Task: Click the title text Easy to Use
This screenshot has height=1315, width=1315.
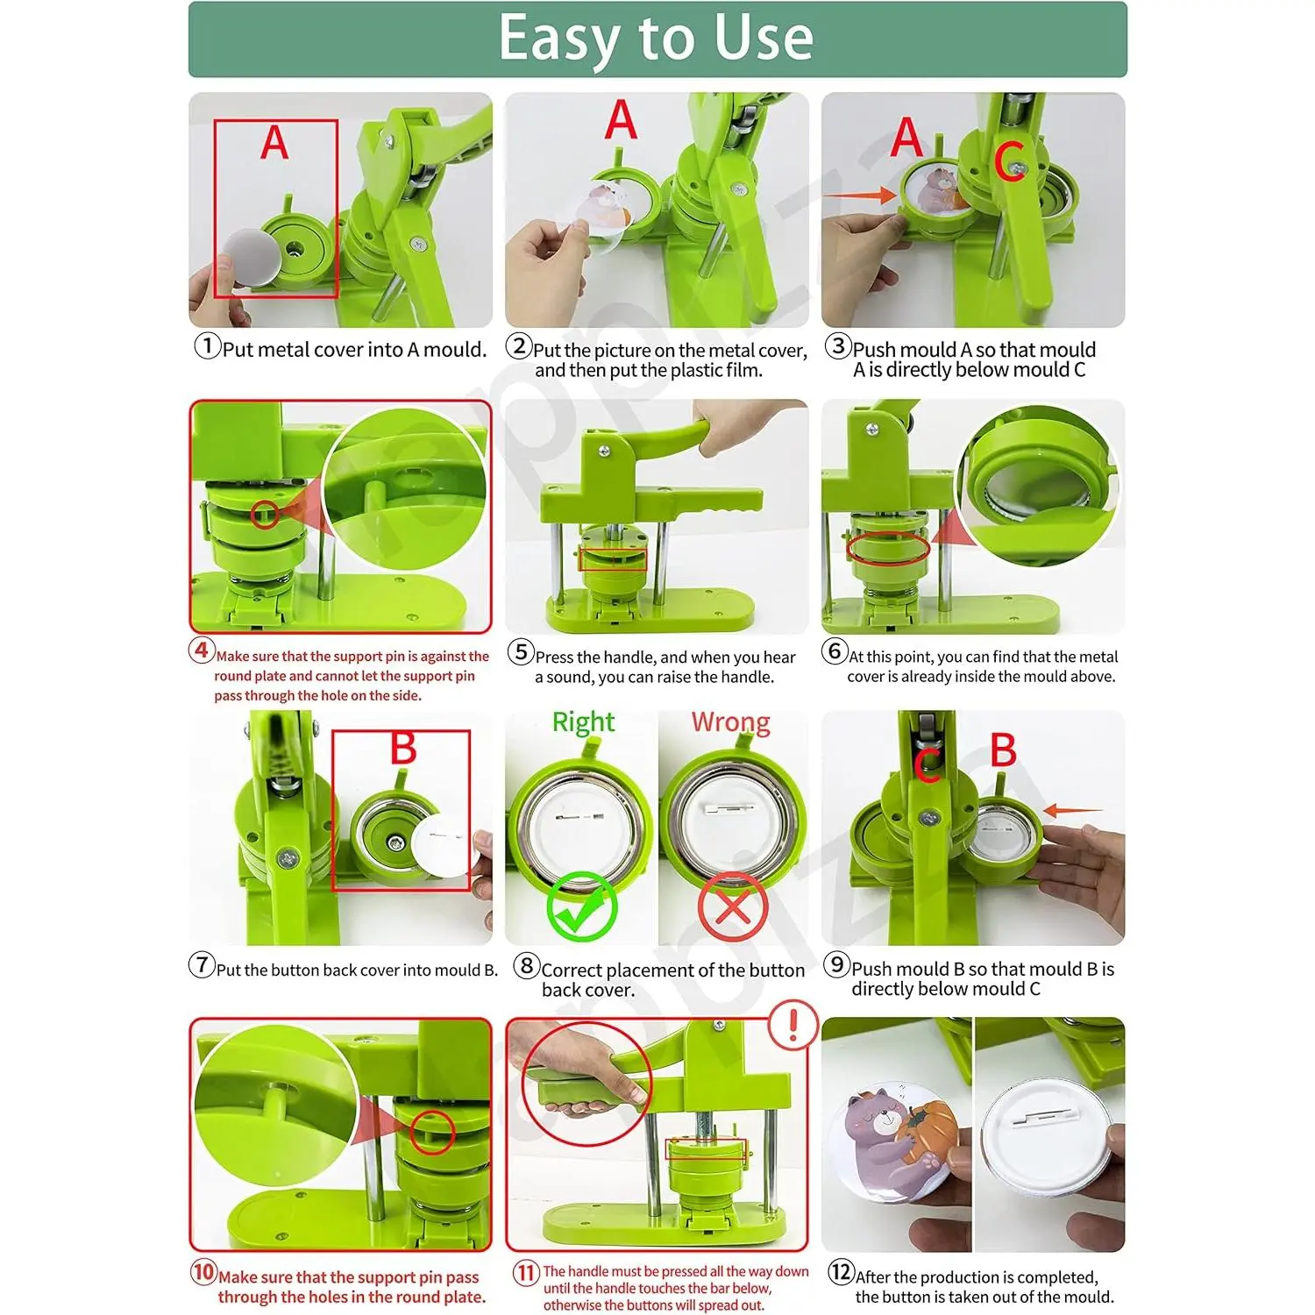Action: click(x=657, y=39)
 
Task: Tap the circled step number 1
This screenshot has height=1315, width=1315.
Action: click(x=207, y=345)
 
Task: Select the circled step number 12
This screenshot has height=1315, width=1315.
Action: click(x=841, y=1271)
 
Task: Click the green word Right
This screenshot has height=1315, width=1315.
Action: click(x=583, y=722)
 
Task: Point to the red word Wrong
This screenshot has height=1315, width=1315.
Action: click(x=731, y=722)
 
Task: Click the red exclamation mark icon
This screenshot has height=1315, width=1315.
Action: click(x=793, y=1025)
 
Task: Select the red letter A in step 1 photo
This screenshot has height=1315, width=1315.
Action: click(x=274, y=142)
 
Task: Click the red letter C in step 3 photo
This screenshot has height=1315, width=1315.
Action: click(x=1009, y=162)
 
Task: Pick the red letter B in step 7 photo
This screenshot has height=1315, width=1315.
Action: click(x=403, y=749)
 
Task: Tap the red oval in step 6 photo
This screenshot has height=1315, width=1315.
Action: click(x=887, y=549)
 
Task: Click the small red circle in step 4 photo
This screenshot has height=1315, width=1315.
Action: click(x=265, y=515)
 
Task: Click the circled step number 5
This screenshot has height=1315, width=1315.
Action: click(x=521, y=652)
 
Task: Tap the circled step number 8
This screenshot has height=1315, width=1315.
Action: click(x=526, y=965)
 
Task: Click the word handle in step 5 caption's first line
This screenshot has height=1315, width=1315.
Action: click(x=629, y=657)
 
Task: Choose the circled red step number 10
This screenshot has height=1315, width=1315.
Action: click(x=203, y=1271)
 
